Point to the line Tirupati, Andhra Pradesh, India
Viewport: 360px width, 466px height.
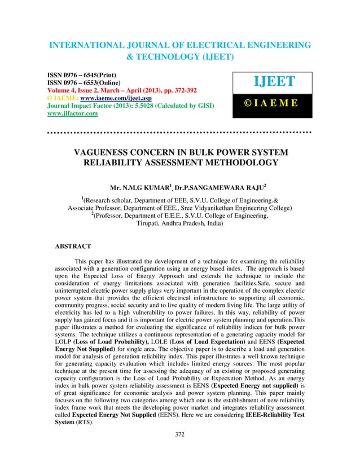tap(180, 223)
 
